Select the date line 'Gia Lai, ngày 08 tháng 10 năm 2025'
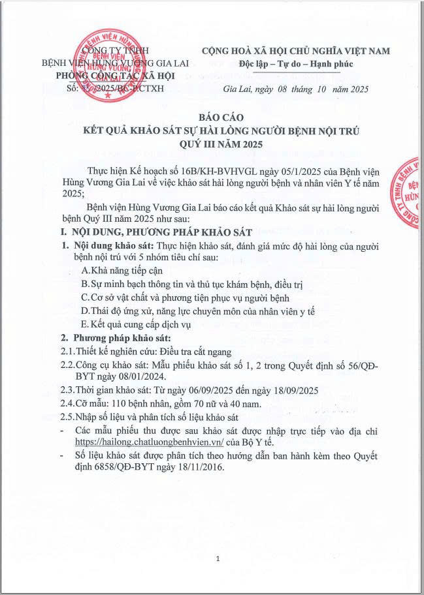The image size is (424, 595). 287,89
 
